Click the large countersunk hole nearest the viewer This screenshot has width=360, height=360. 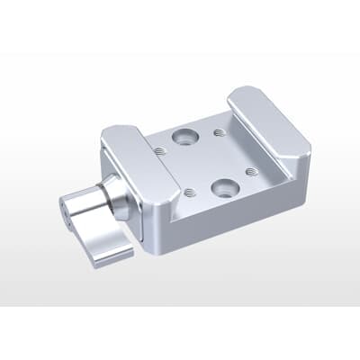click(222, 189)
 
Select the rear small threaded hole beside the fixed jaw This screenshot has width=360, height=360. click(220, 133)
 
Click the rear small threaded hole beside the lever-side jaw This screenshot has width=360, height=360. click(159, 152)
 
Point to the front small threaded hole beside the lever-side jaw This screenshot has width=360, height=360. click(190, 192)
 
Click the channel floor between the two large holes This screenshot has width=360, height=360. click(205, 163)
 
